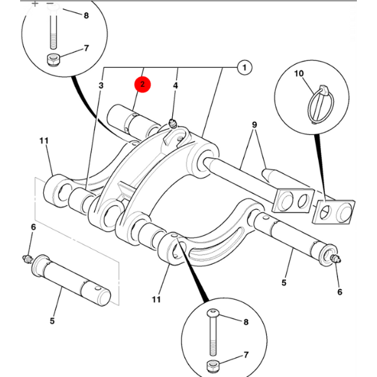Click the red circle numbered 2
(x=143, y=84)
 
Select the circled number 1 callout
(x=244, y=67)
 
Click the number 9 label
(x=254, y=124)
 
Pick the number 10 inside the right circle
(x=299, y=74)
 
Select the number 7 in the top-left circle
(x=87, y=48)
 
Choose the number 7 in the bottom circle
(x=246, y=356)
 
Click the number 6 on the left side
(x=33, y=226)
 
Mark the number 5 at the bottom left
(x=52, y=320)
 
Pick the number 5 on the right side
(x=283, y=283)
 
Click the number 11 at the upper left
(x=43, y=141)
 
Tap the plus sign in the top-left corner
(x=35, y=4)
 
